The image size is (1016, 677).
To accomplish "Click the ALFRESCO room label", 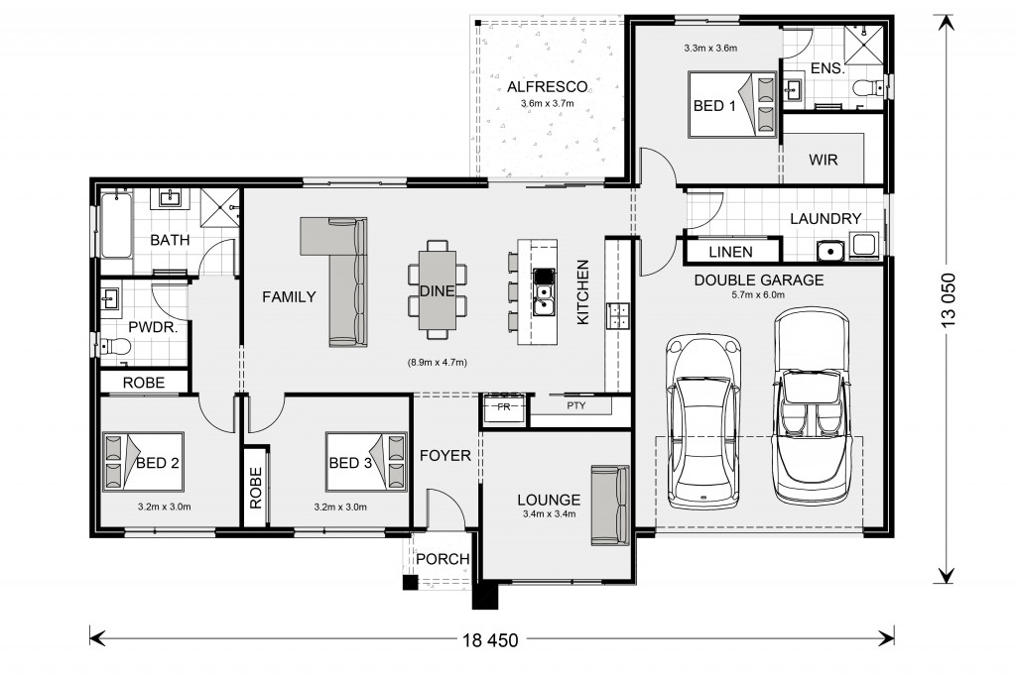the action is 547,86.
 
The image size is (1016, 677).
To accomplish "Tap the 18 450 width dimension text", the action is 490,640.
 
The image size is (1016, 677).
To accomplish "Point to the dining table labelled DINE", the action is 437,290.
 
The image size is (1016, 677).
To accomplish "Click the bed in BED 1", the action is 732,104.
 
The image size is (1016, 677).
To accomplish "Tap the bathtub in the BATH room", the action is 116,225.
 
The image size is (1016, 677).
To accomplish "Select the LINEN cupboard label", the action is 730,252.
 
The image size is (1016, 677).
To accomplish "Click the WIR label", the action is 823,160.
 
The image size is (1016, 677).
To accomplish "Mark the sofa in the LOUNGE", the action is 610,507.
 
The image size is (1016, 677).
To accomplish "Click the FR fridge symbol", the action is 503,407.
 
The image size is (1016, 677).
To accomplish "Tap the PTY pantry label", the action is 576,405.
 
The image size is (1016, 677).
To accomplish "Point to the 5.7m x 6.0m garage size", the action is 758,295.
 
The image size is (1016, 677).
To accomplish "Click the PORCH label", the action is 443,558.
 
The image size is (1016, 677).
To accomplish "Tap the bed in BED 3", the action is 366,462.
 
